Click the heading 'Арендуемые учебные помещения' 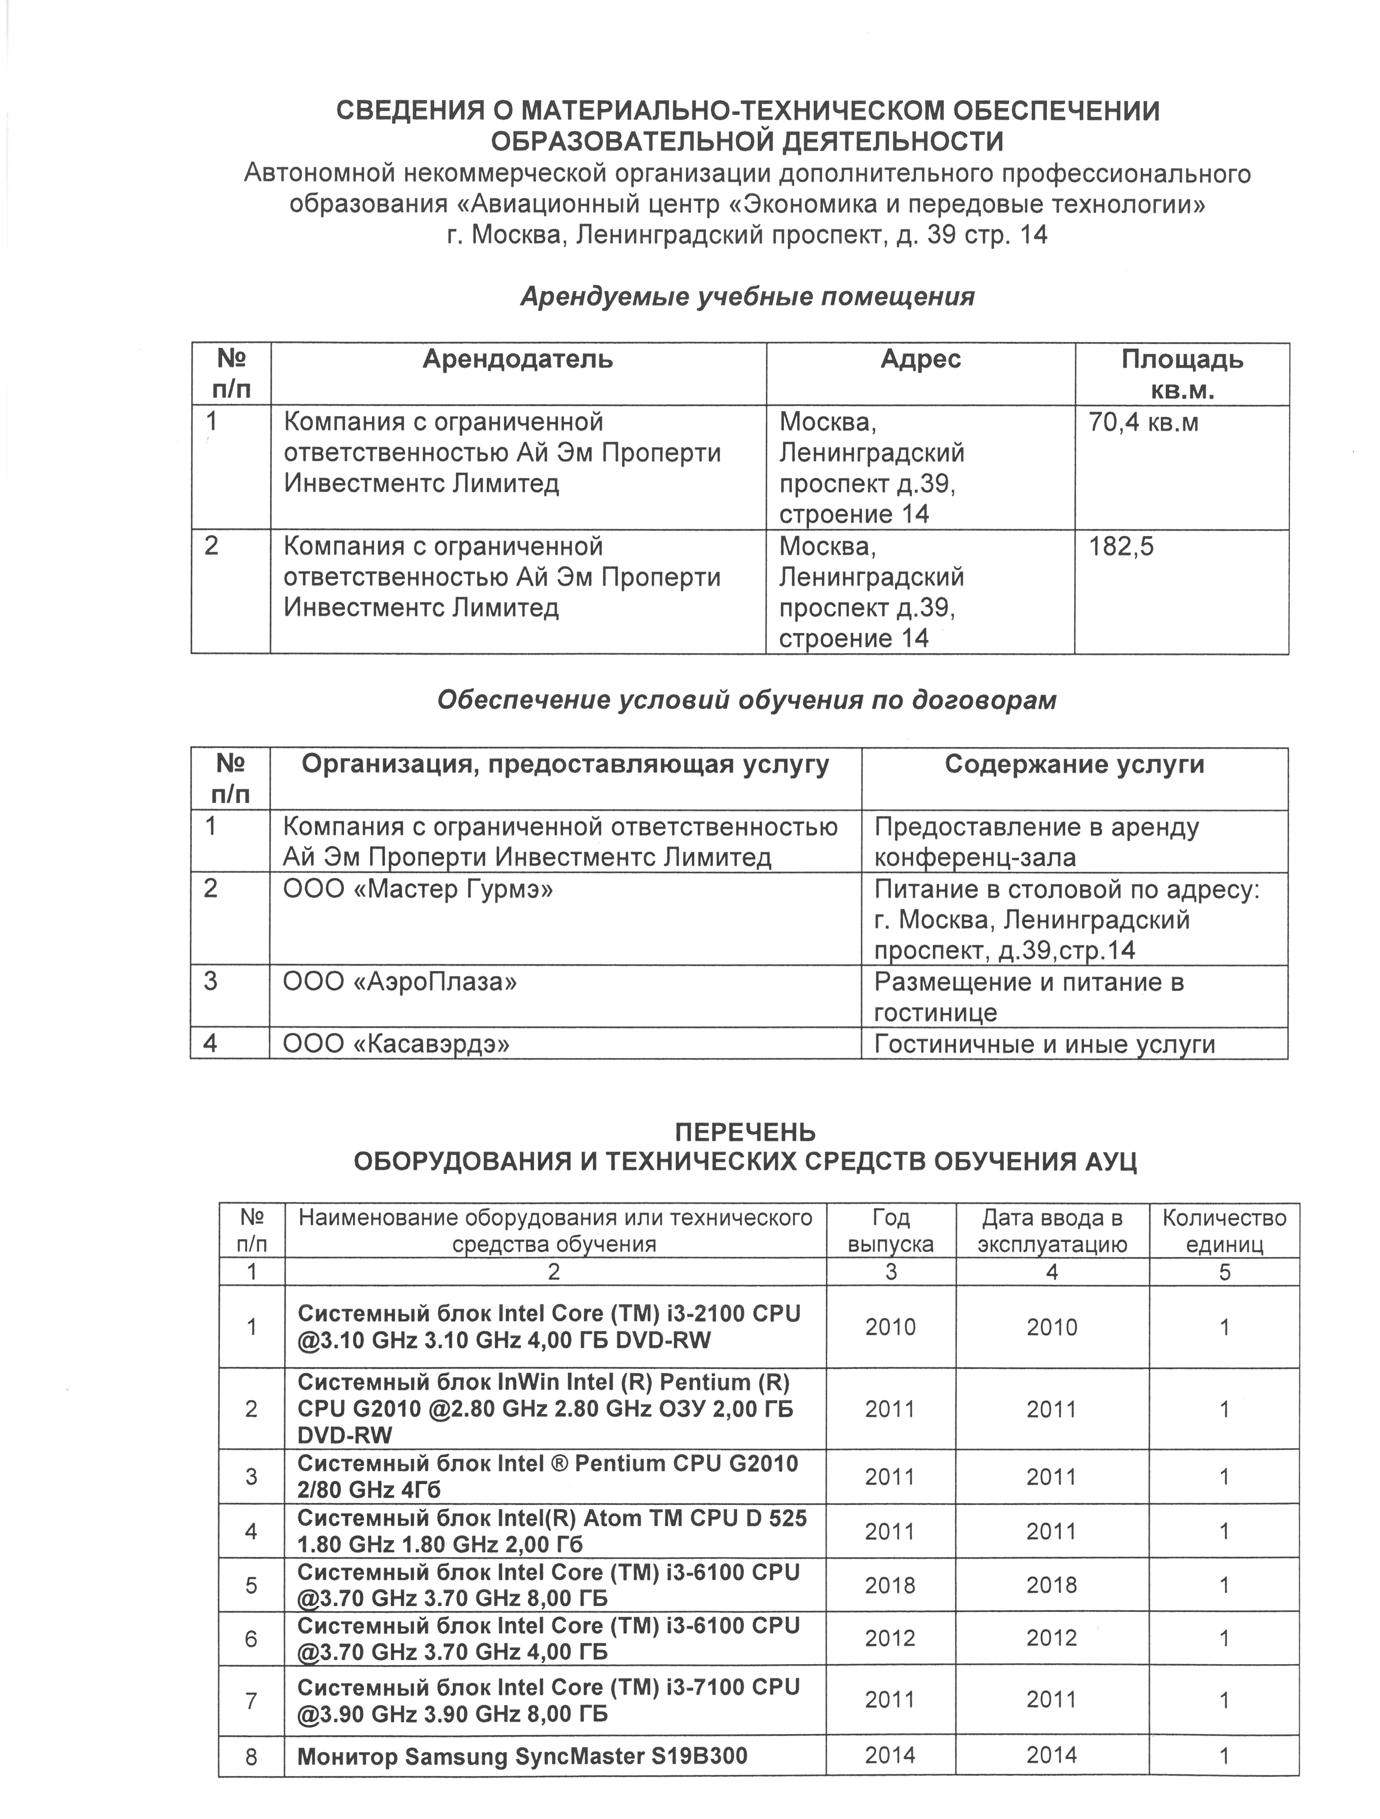(x=747, y=297)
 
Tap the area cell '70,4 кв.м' (x=1143, y=423)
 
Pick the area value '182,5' (x=1121, y=547)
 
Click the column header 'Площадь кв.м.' (x=1182, y=374)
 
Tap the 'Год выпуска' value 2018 (x=890, y=1585)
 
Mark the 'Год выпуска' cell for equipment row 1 (x=890, y=1327)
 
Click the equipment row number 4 (x=252, y=1530)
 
